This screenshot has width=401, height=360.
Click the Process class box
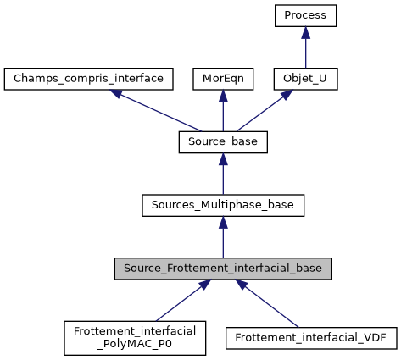pyautogui.click(x=306, y=15)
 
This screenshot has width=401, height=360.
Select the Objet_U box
pyautogui.click(x=306, y=79)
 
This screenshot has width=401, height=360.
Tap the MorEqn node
pyautogui.click(x=222, y=79)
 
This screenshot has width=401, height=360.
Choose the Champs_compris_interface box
pyautogui.click(x=89, y=79)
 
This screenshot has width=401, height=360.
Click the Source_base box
pyautogui.click(x=222, y=142)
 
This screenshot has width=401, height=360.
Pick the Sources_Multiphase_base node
pyautogui.click(x=222, y=205)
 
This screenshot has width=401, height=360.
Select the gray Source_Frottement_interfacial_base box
pyautogui.click(x=222, y=269)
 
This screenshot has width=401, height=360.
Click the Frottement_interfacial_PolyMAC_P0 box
pyautogui.click(x=135, y=337)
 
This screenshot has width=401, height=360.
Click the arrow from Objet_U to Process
pyautogui.click(x=306, y=49)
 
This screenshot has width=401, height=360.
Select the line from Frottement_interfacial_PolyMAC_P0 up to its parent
pyautogui.click(x=178, y=301)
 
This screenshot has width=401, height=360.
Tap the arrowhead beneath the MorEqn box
pyautogui.click(x=222, y=96)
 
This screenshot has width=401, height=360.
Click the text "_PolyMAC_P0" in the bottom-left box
pyautogui.click(x=135, y=344)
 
